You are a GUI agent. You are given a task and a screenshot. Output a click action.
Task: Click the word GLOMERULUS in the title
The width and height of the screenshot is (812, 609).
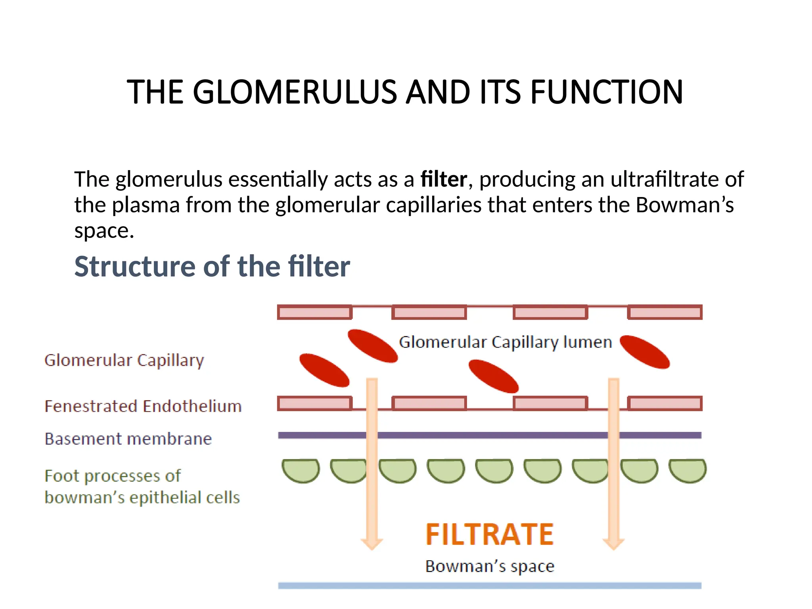(295, 92)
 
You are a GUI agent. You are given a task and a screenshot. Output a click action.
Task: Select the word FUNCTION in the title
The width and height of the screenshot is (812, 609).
(607, 92)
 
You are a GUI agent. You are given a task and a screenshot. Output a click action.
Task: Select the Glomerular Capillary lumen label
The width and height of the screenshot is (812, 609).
(506, 342)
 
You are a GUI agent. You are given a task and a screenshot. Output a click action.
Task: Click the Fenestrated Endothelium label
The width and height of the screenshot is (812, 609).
(143, 406)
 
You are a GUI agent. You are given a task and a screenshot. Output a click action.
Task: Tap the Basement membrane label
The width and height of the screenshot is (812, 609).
(128, 439)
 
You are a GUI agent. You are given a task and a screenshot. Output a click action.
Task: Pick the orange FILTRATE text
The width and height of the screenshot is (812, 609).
(490, 534)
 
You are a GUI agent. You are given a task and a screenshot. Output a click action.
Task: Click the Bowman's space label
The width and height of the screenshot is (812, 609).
(490, 567)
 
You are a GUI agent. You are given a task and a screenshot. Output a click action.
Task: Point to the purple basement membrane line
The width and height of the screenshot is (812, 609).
(490, 435)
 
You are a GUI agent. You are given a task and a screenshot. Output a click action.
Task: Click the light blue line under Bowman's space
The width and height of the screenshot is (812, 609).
(490, 586)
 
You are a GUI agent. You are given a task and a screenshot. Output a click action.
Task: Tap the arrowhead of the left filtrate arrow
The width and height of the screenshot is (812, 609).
(372, 544)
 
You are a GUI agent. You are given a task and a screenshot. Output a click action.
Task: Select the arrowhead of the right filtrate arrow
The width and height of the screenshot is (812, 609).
(614, 544)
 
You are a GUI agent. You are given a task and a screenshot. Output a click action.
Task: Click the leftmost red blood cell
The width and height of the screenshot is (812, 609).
(324, 370)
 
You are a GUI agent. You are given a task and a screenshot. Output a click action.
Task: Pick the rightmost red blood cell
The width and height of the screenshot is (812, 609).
(645, 352)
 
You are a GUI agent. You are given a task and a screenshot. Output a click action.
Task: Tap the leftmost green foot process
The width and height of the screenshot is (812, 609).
(301, 471)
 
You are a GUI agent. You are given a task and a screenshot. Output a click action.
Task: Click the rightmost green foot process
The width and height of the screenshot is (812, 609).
(688, 471)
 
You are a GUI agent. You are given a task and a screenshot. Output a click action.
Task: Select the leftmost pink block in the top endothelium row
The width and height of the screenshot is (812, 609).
(315, 312)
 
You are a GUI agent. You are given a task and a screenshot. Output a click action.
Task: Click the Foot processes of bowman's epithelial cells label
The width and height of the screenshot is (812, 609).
(142, 486)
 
